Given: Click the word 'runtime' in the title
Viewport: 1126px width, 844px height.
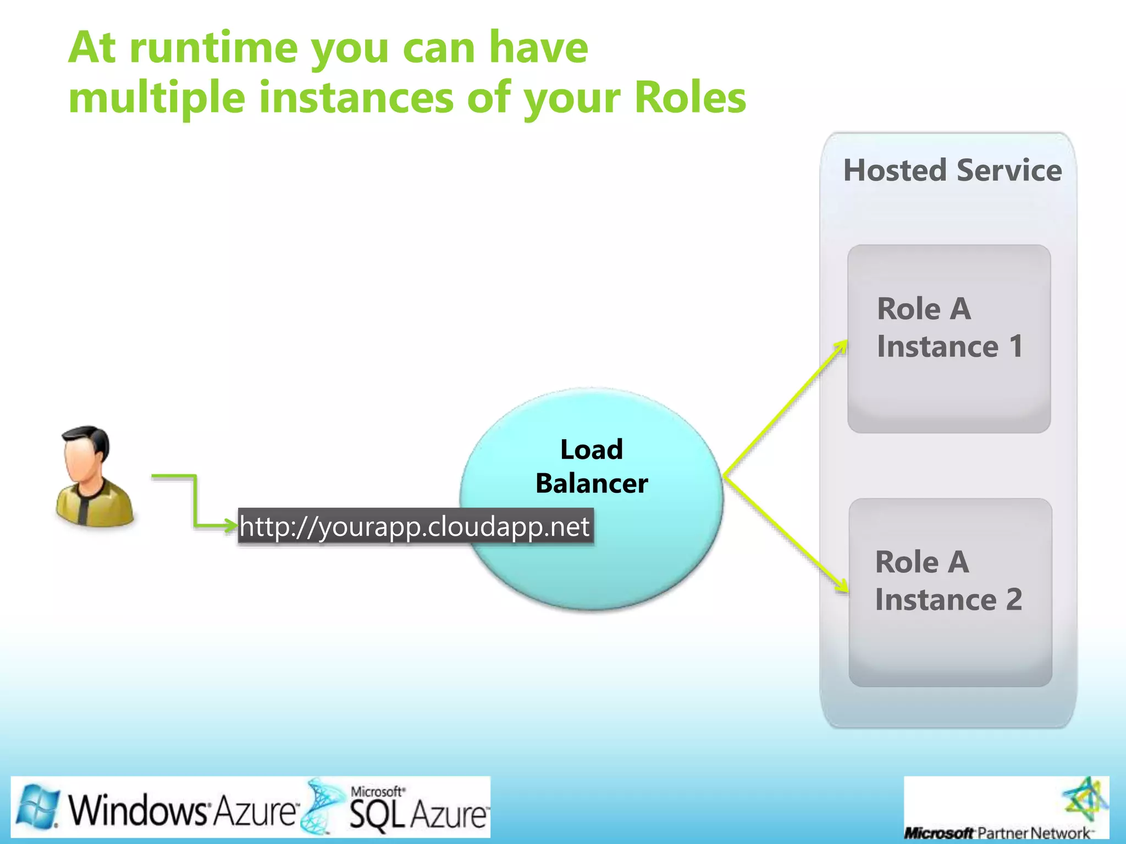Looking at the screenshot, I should (x=215, y=48).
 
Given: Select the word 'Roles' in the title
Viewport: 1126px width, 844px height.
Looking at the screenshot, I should (x=690, y=98).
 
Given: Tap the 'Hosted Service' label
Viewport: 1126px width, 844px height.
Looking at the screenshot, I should (x=952, y=170).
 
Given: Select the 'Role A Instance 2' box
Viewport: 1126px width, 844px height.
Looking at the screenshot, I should (x=950, y=592).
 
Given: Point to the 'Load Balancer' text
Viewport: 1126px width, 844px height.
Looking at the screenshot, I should (x=592, y=467).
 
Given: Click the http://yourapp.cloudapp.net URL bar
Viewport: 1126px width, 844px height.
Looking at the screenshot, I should (x=415, y=526).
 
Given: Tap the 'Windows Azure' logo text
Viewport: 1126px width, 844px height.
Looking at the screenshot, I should (x=181, y=810).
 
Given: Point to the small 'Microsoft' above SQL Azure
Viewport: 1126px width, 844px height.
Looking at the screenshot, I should (x=377, y=791).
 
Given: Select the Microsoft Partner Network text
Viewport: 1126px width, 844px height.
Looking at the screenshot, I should (x=998, y=833).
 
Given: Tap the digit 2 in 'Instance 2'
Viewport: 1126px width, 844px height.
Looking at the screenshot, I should (x=1014, y=599).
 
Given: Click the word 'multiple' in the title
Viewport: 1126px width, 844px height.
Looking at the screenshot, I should (x=157, y=98).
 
